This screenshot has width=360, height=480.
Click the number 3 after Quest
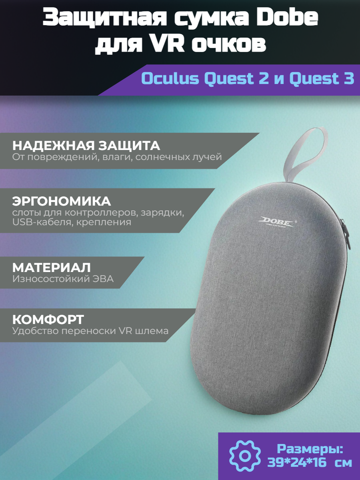pyautogui.click(x=348, y=79)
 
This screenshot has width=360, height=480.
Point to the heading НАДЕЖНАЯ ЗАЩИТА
pyautogui.click(x=86, y=145)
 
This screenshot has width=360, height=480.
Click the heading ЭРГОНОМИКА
pyautogui.click(x=62, y=200)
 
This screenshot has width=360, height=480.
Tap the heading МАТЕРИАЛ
pyautogui.click(x=52, y=267)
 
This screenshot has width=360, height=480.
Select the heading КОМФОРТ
pyautogui.click(x=48, y=320)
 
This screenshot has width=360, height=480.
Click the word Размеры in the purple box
pyautogui.click(x=310, y=448)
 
